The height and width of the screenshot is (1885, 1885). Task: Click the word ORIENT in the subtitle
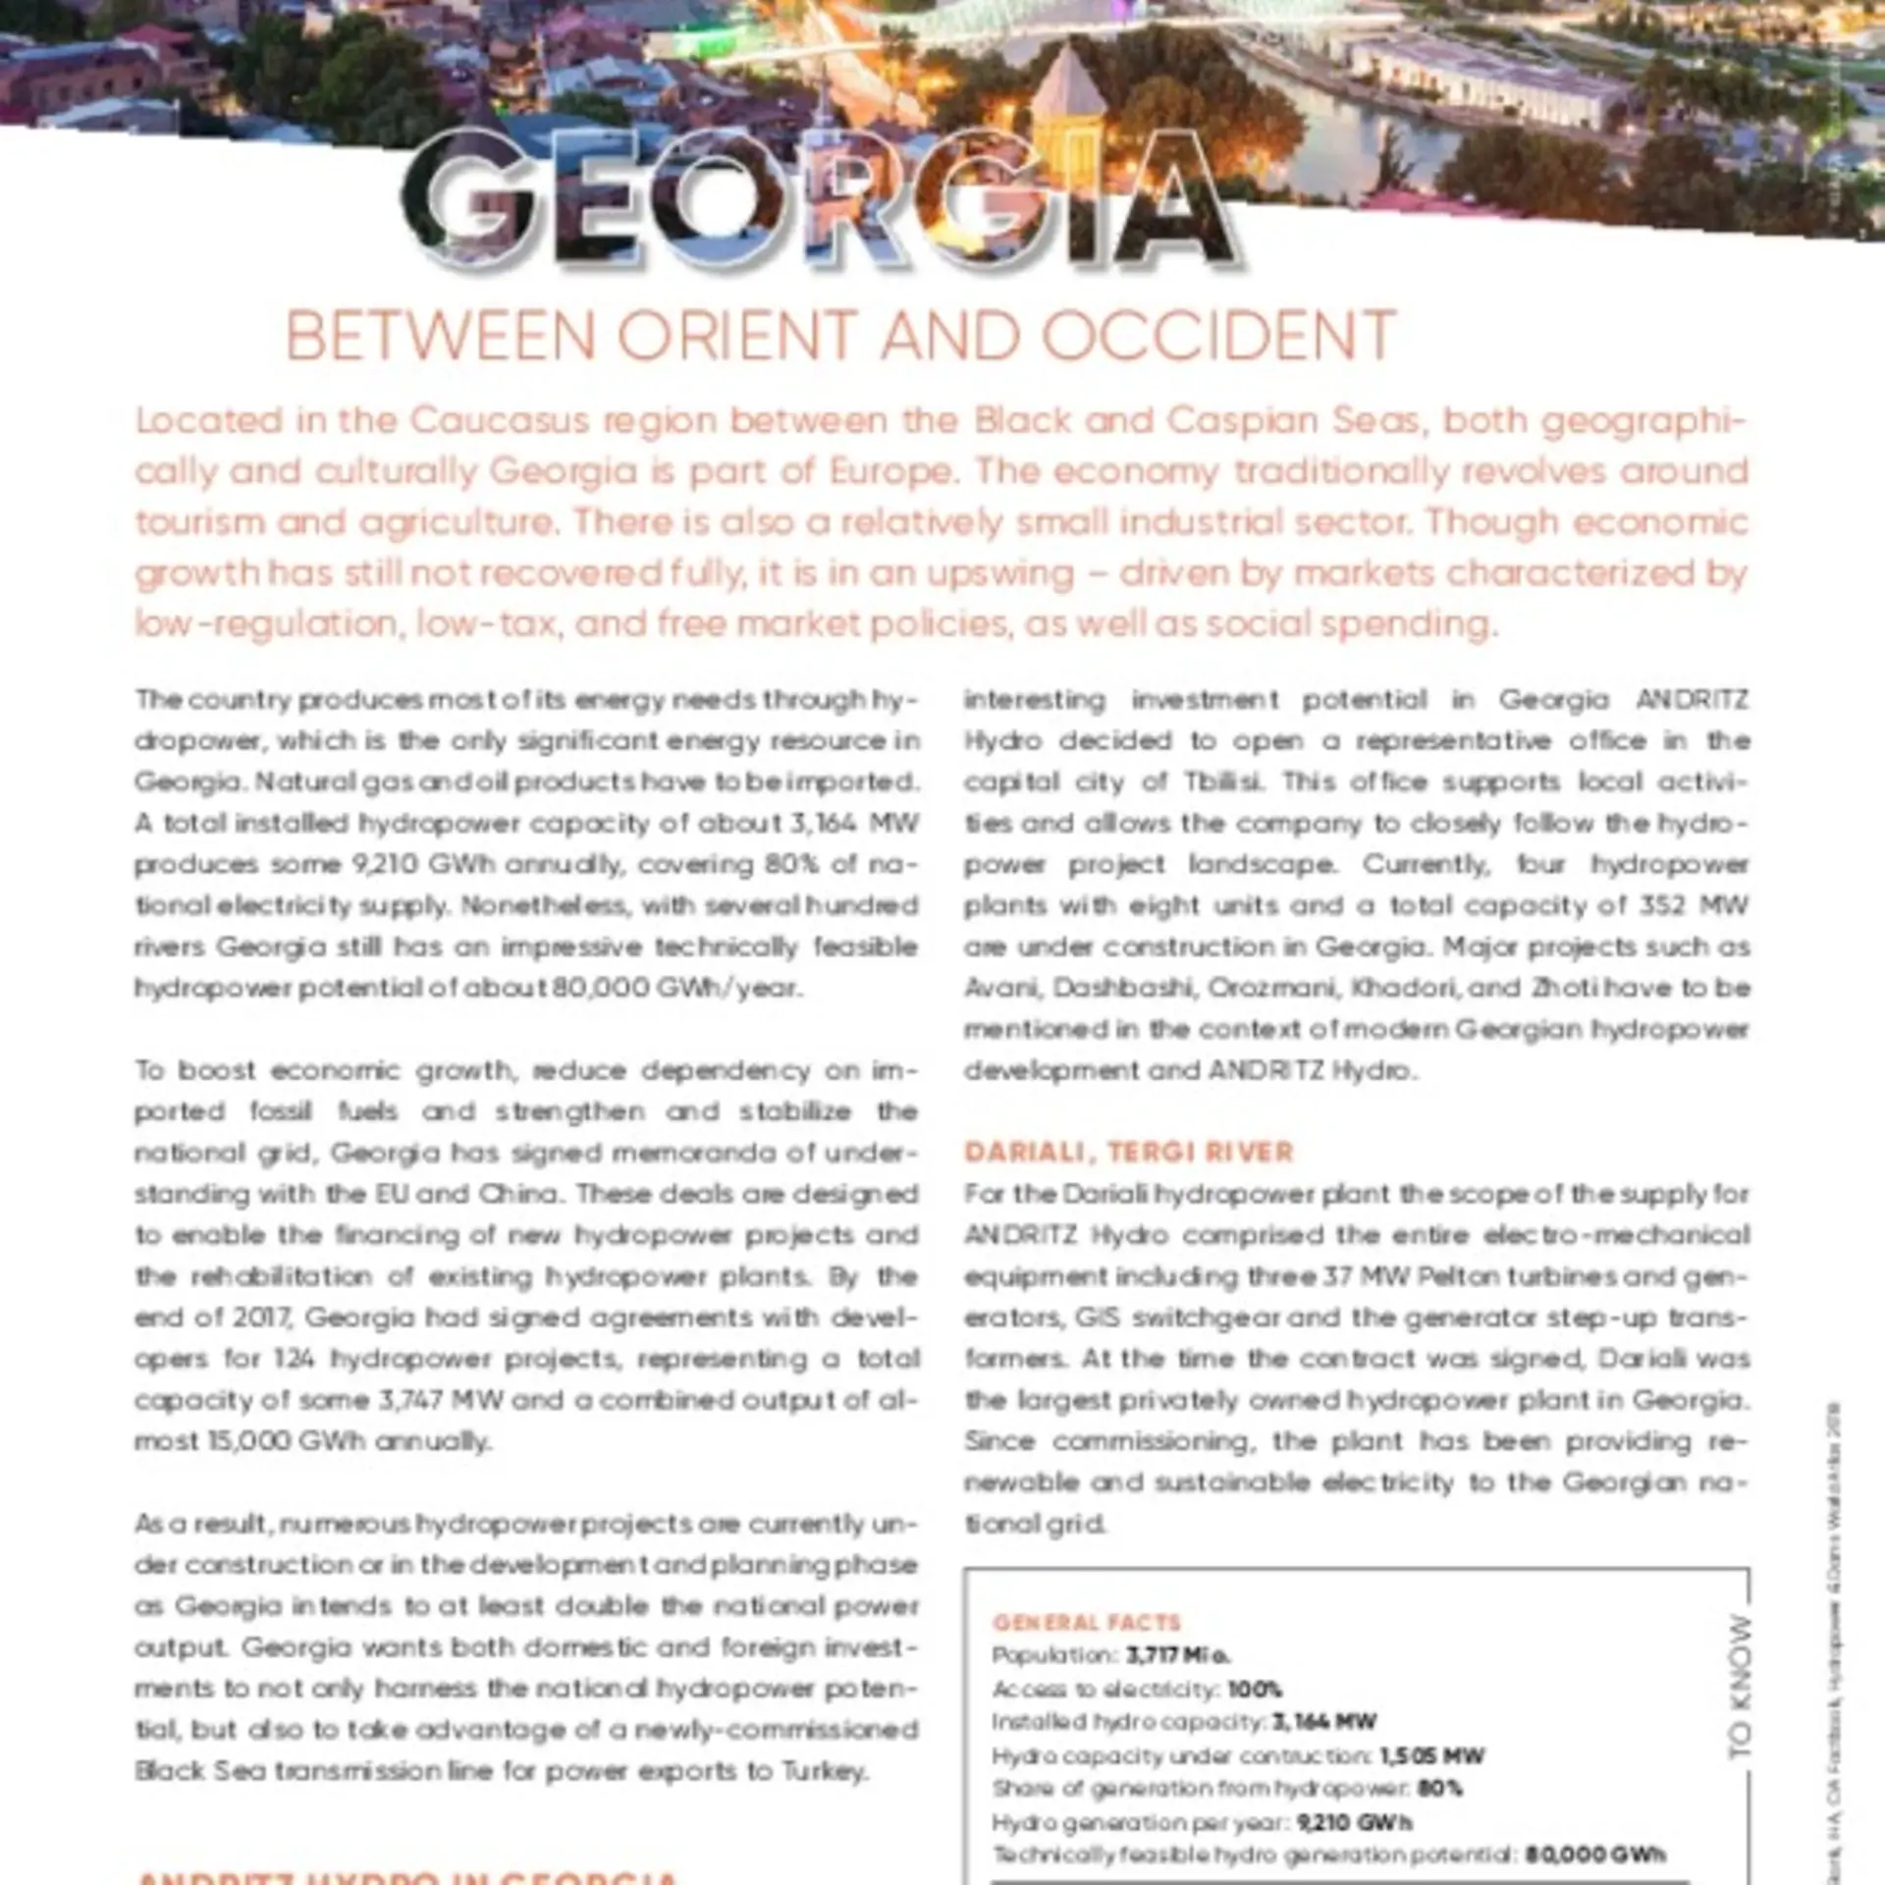[x=737, y=337]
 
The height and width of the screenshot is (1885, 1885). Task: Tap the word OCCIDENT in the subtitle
[x=1218, y=337]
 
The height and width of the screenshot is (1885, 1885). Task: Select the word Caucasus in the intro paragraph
[x=498, y=421]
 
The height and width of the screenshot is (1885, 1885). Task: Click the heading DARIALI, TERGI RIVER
[x=1129, y=1152]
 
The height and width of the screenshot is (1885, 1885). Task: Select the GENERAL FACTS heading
[x=1086, y=1623]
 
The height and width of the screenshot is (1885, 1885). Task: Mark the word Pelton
[x=1413, y=1276]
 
